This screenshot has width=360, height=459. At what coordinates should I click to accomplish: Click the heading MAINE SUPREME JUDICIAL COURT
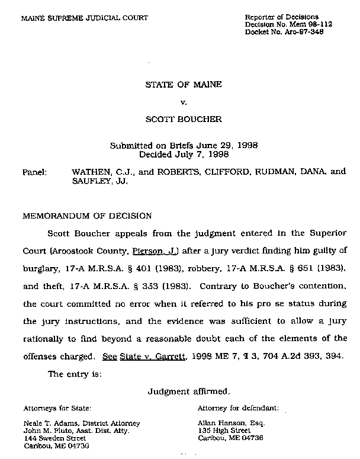pos(85,18)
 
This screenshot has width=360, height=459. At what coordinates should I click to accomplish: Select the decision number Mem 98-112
pos(298,24)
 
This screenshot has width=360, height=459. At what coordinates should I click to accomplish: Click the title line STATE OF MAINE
pos(184,85)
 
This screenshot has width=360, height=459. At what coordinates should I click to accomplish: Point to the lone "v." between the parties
pos(184,102)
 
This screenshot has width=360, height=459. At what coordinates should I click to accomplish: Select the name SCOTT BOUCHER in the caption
pos(184,119)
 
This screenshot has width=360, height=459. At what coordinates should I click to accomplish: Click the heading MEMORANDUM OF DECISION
pos(86,216)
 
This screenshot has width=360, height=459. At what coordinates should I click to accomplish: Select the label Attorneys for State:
pos(57,408)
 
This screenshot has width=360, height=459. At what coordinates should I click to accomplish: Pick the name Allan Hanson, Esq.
pos(232,423)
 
